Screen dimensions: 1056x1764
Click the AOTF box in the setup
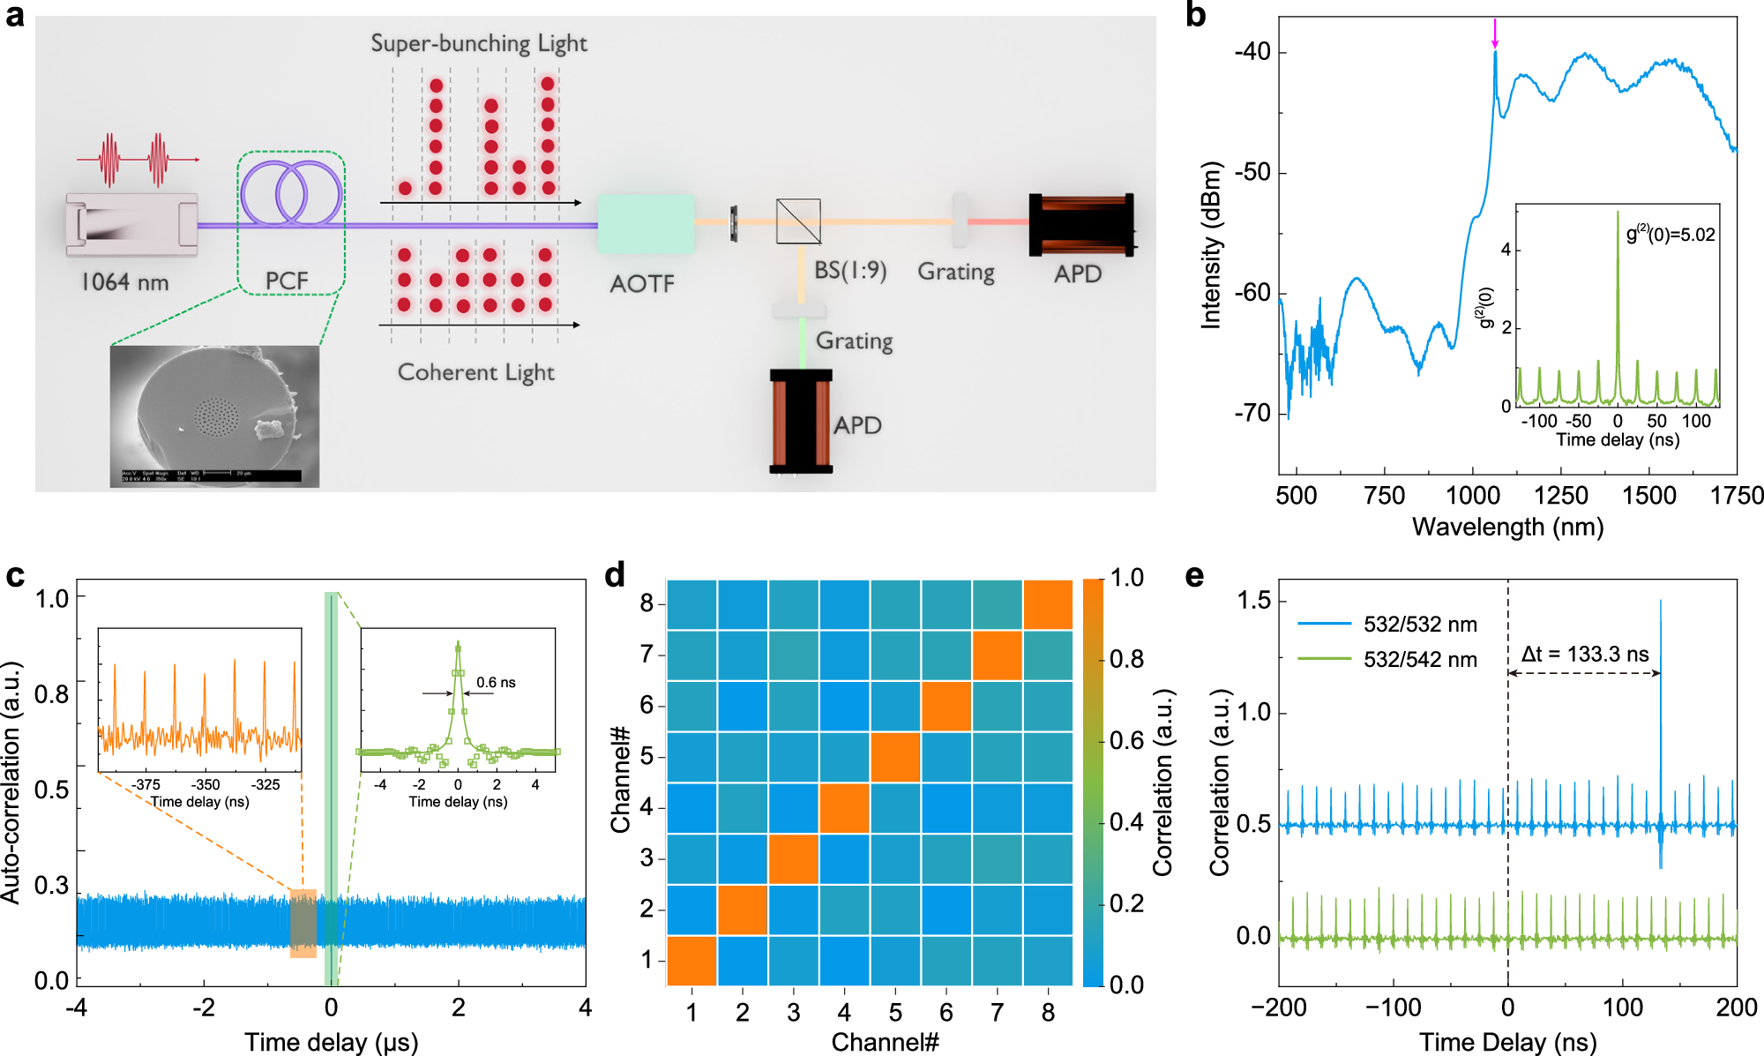pyautogui.click(x=646, y=224)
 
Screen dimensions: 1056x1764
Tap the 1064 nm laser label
pyautogui.click(x=124, y=281)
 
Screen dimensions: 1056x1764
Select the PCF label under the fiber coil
pyautogui.click(x=287, y=281)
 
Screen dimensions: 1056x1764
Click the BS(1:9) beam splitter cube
pyautogui.click(x=798, y=221)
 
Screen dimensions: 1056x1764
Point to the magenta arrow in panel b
pyautogui.click(x=1495, y=34)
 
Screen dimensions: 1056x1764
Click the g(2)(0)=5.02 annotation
pyautogui.click(x=1671, y=235)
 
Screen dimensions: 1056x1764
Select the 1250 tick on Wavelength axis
pyautogui.click(x=1561, y=495)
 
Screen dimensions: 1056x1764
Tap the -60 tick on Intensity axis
pyautogui.click(x=1252, y=293)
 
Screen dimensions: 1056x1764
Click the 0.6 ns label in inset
pyautogui.click(x=496, y=682)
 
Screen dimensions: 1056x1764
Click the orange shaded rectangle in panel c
pyautogui.click(x=303, y=923)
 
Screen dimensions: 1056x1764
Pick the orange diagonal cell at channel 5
pyautogui.click(x=895, y=757)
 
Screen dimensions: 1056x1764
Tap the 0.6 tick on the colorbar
pyautogui.click(x=1126, y=740)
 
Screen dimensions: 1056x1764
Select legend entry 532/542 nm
pyautogui.click(x=1420, y=659)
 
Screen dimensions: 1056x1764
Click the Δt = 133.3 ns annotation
pyautogui.click(x=1585, y=654)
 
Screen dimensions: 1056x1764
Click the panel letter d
pyautogui.click(x=615, y=575)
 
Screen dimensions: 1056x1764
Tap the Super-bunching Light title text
pyautogui.click(x=478, y=43)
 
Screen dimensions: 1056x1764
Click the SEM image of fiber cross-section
pyautogui.click(x=214, y=416)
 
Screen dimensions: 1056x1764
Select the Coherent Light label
pyautogui.click(x=475, y=372)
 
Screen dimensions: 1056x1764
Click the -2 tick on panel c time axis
pyautogui.click(x=204, y=1007)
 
